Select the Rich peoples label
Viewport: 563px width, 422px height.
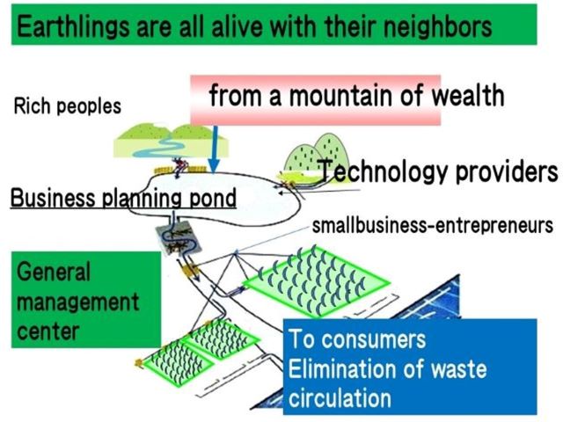pyautogui.click(x=68, y=106)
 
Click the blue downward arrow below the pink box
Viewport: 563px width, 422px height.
pyautogui.click(x=214, y=149)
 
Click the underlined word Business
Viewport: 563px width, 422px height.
pyautogui.click(x=53, y=197)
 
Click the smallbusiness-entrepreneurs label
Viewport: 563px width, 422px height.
pyautogui.click(x=433, y=225)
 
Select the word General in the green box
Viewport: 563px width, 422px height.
pyautogui.click(x=53, y=272)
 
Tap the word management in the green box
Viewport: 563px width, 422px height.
pyautogui.click(x=77, y=302)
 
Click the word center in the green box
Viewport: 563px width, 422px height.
pyautogui.click(x=48, y=331)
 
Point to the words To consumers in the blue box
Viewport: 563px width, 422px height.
pyautogui.click(x=357, y=338)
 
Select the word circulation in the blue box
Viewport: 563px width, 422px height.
pyautogui.click(x=340, y=397)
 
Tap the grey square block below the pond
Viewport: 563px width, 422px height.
pyautogui.click(x=179, y=238)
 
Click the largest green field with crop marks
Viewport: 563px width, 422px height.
pyautogui.click(x=316, y=282)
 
